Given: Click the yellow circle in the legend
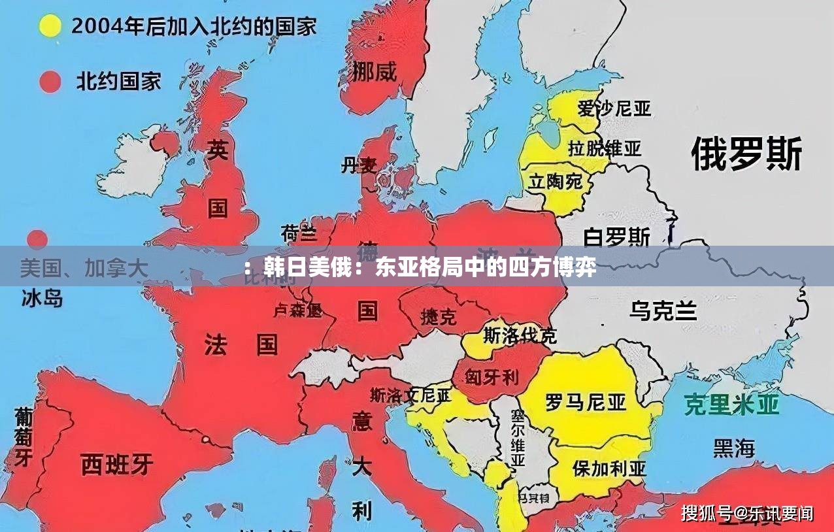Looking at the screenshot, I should [x=50, y=27].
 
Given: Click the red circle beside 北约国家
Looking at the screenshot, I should [x=50, y=82].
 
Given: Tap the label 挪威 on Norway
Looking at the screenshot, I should [x=375, y=71].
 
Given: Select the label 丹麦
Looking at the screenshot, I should [x=359, y=165].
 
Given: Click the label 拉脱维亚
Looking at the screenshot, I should [x=605, y=148].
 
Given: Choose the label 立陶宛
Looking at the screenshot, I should [x=556, y=181].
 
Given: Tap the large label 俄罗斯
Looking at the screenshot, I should [x=746, y=154].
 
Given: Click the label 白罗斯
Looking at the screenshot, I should [x=617, y=236].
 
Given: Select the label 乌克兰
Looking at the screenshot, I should [x=663, y=310].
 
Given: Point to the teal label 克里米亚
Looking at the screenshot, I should [x=731, y=405].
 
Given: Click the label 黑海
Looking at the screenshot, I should [x=734, y=448].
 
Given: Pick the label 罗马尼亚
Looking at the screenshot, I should [x=586, y=401].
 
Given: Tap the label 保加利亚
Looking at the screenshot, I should [x=609, y=468].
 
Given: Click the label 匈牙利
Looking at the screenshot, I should [x=492, y=376].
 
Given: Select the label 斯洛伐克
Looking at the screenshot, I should [x=520, y=336].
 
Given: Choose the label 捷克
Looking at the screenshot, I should [x=439, y=317].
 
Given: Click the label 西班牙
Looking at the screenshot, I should [x=117, y=464].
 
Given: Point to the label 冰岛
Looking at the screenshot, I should [x=42, y=299].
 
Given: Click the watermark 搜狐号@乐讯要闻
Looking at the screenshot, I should [x=747, y=513].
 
